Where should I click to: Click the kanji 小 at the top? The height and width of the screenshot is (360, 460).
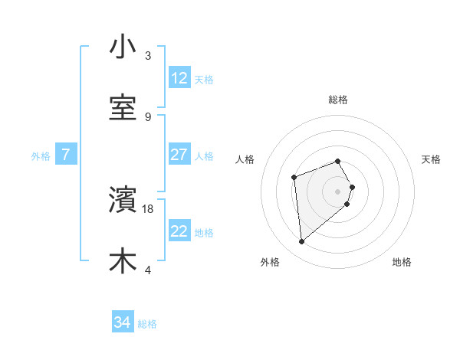coord(123,47)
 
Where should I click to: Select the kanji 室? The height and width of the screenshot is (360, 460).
coord(123,107)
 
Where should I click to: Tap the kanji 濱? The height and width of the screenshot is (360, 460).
coord(123,201)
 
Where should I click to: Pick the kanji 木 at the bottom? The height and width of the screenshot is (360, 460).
coord(123,260)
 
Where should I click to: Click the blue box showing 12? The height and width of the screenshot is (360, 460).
coord(179,78)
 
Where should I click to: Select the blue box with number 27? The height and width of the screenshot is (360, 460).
coord(179,155)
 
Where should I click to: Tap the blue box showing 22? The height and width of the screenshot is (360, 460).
coord(179,231)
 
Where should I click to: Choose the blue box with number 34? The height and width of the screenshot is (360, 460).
coord(123,322)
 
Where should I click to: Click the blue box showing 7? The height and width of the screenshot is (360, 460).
coord(66,155)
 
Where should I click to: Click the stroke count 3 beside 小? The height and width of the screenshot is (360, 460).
coord(148,56)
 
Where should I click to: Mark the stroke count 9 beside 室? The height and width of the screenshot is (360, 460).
coord(148,116)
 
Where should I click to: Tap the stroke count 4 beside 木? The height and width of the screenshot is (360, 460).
coord(148,270)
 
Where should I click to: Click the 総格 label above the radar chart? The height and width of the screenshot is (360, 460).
coord(338,100)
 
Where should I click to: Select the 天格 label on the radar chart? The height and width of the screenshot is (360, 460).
coord(431,159)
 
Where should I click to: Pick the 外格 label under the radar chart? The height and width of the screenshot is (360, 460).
coord(270,262)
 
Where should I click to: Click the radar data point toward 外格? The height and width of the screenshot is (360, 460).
coord(301,242)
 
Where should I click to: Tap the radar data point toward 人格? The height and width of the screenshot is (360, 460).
coord(294,177)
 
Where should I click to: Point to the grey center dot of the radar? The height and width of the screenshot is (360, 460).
coord(338,191)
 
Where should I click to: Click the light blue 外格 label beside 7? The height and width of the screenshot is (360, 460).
coord(41,155)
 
